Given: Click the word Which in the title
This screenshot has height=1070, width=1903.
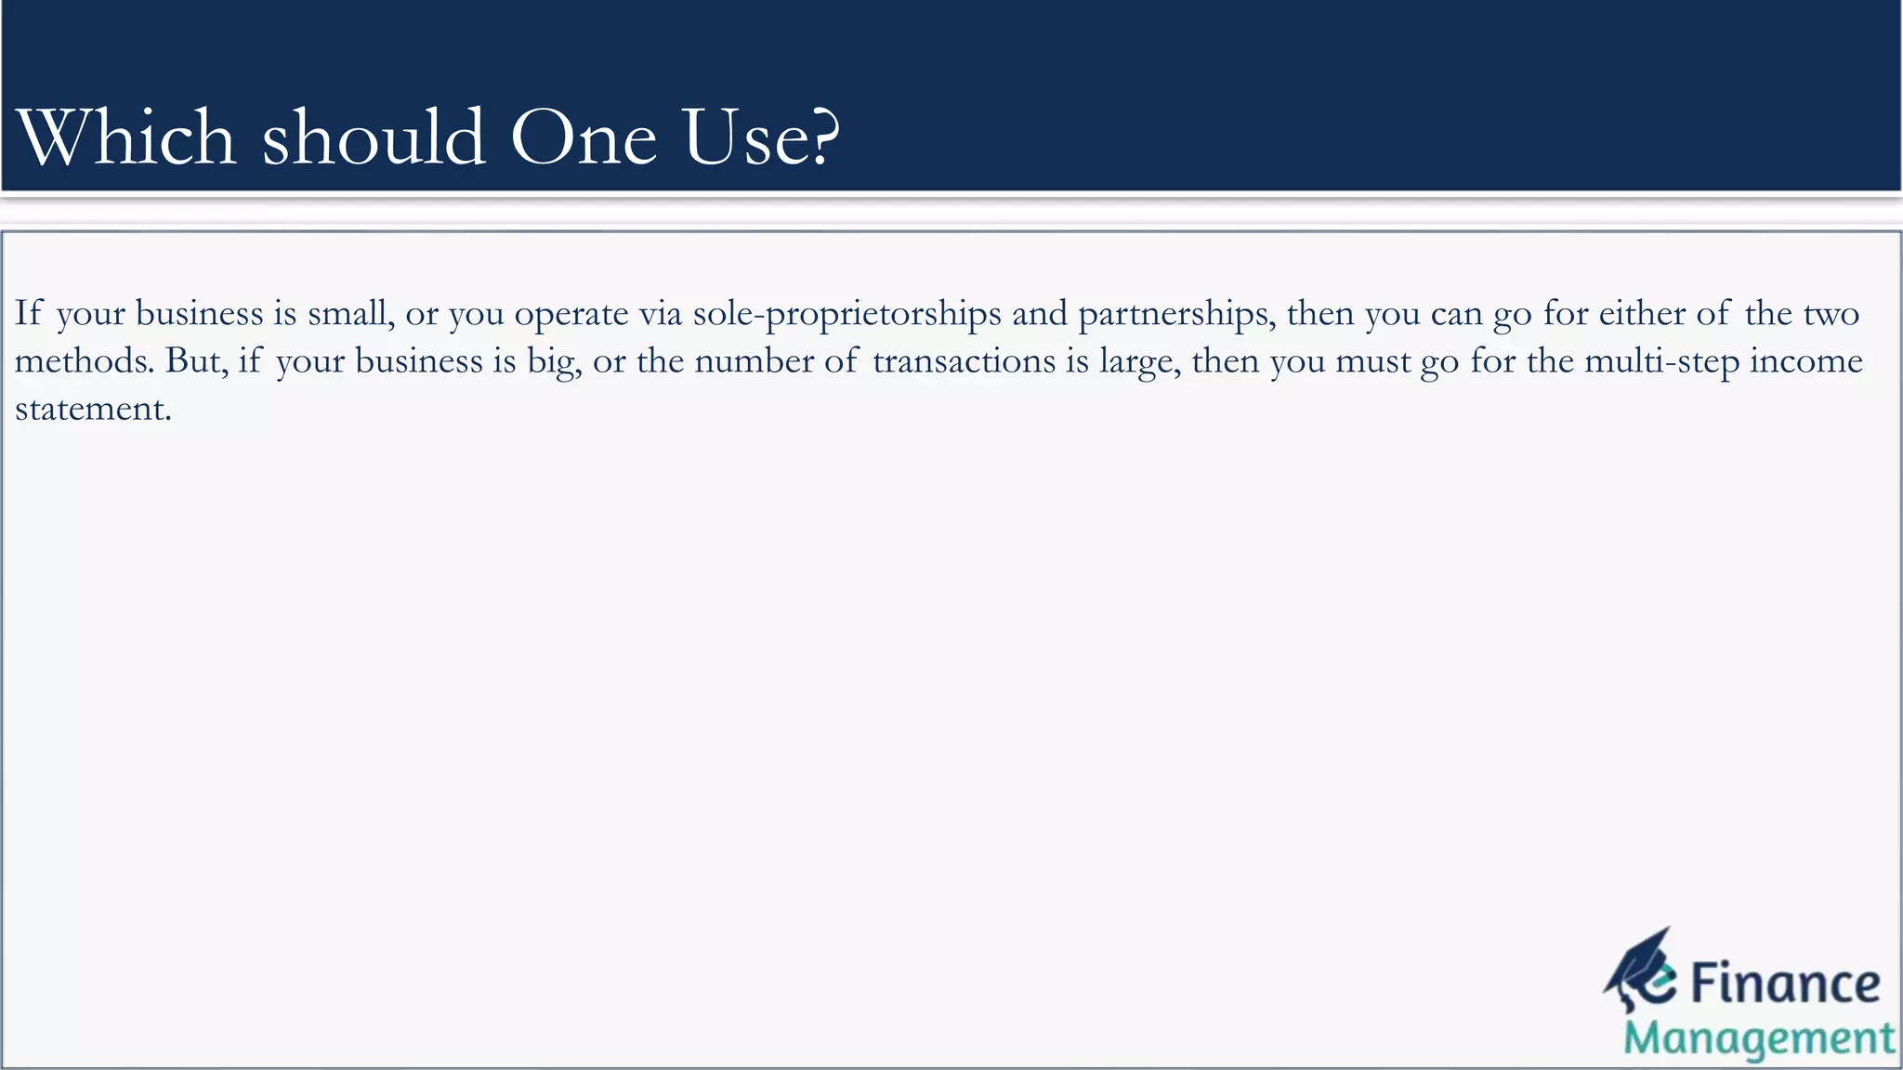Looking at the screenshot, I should (x=126, y=137).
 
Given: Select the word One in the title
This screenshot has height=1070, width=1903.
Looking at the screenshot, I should (x=584, y=137).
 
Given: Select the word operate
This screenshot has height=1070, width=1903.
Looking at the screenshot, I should (x=571, y=315).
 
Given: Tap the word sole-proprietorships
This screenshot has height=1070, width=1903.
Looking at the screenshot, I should (x=847, y=315).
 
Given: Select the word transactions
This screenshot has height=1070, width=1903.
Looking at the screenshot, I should (x=964, y=360).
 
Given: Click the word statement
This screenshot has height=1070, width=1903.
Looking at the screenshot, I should (x=93, y=409).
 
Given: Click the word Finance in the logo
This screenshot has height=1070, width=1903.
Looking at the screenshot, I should (x=1784, y=985).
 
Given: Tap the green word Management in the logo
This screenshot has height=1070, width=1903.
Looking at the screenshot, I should (x=1758, y=1039).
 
